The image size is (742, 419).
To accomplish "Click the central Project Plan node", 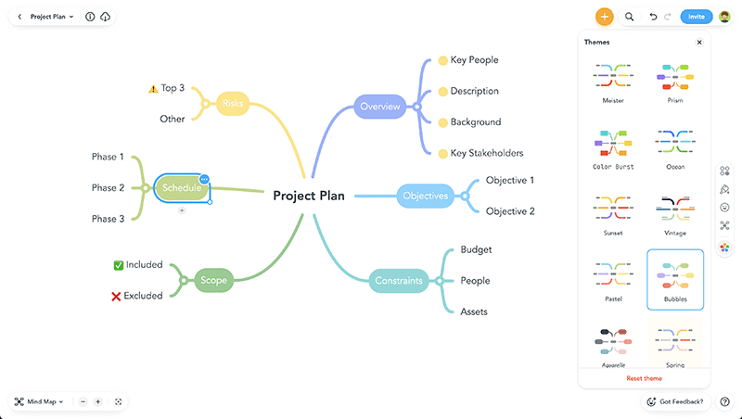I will (309, 196).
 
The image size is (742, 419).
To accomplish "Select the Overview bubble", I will (380, 107).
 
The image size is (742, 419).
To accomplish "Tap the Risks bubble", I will (233, 104).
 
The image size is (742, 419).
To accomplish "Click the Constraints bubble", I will (399, 281).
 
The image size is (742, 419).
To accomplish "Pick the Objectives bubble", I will (425, 196).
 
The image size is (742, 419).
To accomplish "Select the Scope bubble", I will (214, 280).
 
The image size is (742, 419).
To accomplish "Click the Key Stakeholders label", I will (487, 153).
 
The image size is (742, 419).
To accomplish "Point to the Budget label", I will (476, 249).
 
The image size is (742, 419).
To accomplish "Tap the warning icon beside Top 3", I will (153, 89).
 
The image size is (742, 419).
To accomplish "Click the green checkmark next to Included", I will (119, 265).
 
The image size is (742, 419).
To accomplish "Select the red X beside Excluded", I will (117, 296).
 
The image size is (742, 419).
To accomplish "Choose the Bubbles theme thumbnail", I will (675, 279).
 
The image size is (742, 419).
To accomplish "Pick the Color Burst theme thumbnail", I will (612, 146).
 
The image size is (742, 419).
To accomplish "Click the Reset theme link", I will (644, 378).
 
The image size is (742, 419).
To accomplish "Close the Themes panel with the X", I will (699, 43).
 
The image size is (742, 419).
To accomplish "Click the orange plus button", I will (605, 17).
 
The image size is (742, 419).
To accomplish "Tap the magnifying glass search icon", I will (630, 17).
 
